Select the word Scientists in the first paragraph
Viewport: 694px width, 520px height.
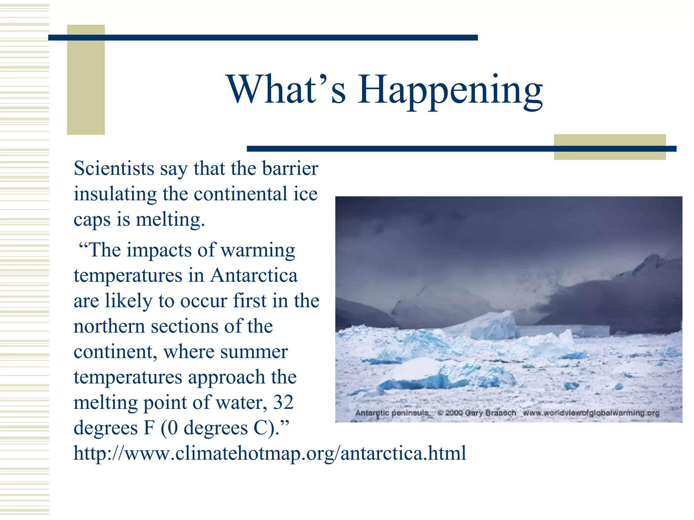point(114,169)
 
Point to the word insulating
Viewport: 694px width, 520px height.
point(115,194)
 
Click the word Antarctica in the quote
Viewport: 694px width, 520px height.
point(254,275)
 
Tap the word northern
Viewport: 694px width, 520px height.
point(109,326)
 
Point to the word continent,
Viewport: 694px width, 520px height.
point(115,352)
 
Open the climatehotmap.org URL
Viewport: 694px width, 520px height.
point(270,453)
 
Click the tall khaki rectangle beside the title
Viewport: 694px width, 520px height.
point(86,80)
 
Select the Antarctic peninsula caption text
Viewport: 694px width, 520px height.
point(392,413)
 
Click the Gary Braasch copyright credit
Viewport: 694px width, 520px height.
point(476,413)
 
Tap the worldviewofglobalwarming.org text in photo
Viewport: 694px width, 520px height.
point(591,413)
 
